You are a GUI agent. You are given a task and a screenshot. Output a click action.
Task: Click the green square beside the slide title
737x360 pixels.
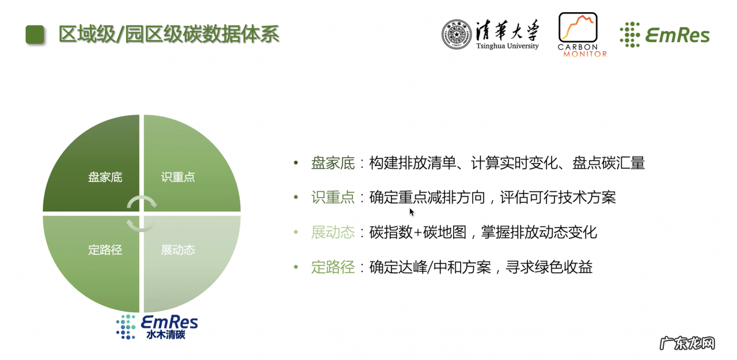35,35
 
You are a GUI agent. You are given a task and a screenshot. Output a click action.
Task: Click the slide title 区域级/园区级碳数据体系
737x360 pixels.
169,35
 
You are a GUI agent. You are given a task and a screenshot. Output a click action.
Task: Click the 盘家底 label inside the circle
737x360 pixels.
105,177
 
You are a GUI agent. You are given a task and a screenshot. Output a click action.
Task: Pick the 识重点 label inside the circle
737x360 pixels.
178,177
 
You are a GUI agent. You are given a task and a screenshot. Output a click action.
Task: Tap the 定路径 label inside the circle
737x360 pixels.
105,250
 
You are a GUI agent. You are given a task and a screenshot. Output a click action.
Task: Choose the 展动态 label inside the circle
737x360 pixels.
178,250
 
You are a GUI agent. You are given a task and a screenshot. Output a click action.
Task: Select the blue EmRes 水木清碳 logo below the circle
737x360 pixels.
157,327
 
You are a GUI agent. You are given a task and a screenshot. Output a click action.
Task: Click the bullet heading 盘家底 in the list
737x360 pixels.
333,164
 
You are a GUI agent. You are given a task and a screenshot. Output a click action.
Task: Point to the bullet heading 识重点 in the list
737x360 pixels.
333,198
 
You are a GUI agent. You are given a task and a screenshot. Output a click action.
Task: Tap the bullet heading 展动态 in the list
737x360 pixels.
333,233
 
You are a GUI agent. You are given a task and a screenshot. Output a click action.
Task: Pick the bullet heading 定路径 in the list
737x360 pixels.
333,267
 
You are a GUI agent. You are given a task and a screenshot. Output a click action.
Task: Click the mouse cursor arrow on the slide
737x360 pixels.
412,211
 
